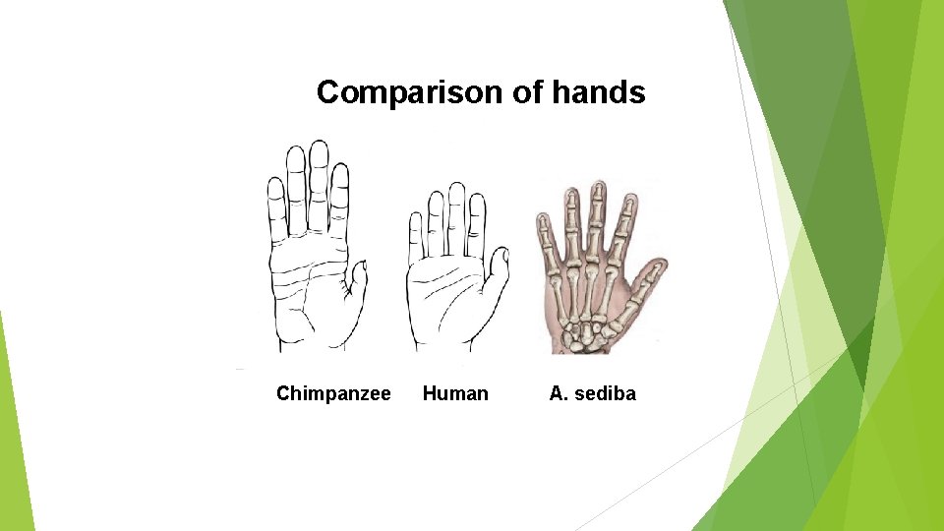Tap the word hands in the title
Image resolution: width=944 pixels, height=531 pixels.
pyautogui.click(x=599, y=92)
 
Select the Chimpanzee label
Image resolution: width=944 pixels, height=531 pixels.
pyautogui.click(x=333, y=393)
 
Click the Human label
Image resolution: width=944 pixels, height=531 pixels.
pyautogui.click(x=455, y=393)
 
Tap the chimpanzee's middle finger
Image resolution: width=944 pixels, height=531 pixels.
pyautogui.click(x=318, y=182)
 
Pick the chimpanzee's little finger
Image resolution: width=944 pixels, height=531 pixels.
pyautogui.click(x=276, y=206)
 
